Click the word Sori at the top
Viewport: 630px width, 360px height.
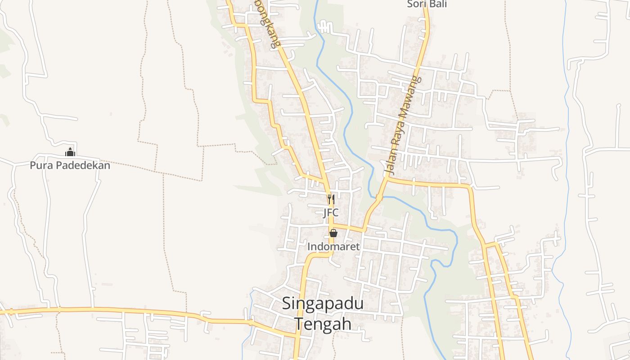click(x=415, y=4)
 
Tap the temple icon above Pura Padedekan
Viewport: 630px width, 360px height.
click(x=70, y=152)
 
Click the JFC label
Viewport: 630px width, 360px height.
click(x=331, y=213)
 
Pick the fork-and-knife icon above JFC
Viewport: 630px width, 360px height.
click(x=331, y=199)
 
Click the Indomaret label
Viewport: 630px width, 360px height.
click(x=333, y=247)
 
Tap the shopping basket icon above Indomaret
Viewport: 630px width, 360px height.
click(x=333, y=233)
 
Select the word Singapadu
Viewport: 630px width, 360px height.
click(x=323, y=304)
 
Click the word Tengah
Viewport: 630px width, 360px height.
click(x=323, y=324)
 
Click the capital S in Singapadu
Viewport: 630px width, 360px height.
click(x=287, y=304)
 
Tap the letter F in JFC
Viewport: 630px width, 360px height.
click(x=331, y=213)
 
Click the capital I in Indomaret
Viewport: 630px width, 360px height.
click(x=309, y=247)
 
